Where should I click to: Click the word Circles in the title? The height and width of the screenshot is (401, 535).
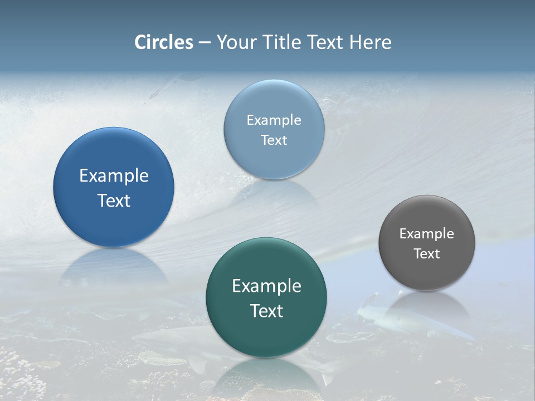(164, 42)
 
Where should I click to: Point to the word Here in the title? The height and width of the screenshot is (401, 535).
(371, 42)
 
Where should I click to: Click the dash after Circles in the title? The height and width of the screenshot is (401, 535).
(205, 43)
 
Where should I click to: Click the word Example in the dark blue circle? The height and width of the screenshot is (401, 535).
(114, 176)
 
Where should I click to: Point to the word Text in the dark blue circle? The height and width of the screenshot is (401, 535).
(114, 200)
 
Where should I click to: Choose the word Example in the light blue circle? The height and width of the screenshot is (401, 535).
(274, 120)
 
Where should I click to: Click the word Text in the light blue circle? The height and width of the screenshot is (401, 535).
(274, 140)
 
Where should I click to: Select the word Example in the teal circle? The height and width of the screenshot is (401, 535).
(266, 286)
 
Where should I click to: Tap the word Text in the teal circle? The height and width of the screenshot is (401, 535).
(266, 311)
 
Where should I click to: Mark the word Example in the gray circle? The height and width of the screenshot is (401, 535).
(427, 233)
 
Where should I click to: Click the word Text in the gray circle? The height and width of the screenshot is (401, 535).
(427, 253)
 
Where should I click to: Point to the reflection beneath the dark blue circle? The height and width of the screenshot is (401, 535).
(114, 267)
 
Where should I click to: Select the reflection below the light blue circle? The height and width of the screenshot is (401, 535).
(274, 192)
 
